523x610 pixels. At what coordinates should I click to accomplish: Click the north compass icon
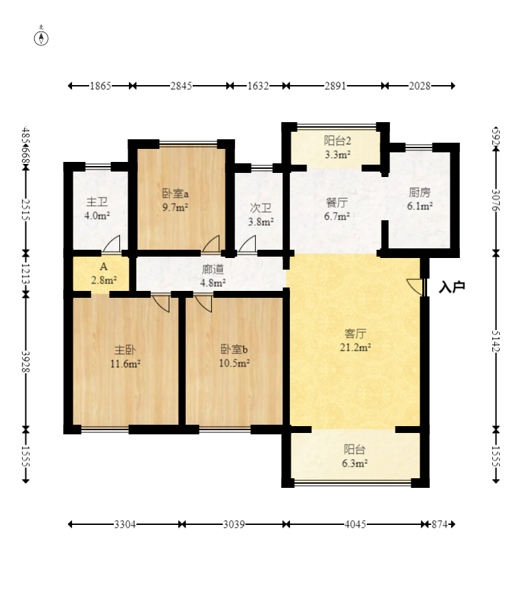[x=41, y=36]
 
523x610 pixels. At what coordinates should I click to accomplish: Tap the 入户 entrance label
[x=452, y=287]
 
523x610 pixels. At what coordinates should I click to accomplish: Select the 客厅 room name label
[x=355, y=333]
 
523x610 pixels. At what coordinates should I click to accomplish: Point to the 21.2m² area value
[x=355, y=347]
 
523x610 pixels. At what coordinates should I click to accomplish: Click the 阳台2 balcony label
[x=337, y=141]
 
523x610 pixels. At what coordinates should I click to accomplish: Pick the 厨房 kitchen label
[x=419, y=192]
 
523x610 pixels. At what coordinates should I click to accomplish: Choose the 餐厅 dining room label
[x=337, y=202]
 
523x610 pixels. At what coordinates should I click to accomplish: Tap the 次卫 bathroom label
[x=260, y=208]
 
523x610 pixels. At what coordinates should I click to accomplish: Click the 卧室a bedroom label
[x=175, y=193]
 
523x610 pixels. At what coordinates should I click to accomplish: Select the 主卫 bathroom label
[x=97, y=202]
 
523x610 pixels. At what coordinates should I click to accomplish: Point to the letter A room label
[x=104, y=267]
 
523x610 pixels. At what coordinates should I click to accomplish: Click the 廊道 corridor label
[x=213, y=269]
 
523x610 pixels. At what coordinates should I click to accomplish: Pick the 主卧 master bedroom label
[x=125, y=350]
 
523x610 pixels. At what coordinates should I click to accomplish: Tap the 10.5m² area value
[x=234, y=363]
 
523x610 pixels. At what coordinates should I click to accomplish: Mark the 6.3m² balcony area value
[x=355, y=463]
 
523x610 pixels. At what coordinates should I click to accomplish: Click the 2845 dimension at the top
[x=181, y=86]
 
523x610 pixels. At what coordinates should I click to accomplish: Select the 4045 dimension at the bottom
[x=355, y=524]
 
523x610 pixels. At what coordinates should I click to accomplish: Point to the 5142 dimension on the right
[x=496, y=341]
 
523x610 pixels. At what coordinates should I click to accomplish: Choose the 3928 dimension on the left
[x=25, y=362]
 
